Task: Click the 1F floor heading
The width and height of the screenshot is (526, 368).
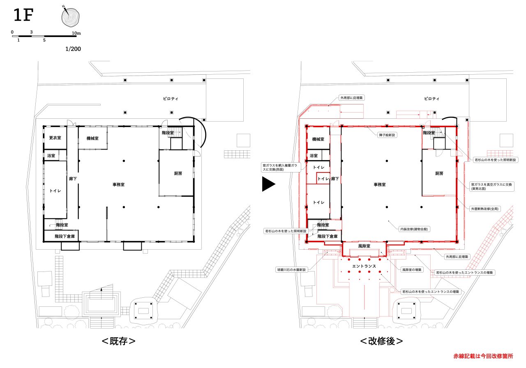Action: click(x=23, y=15)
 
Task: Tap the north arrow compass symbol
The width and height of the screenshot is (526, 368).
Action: click(x=70, y=16)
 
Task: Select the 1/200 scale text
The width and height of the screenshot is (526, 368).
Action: click(x=73, y=49)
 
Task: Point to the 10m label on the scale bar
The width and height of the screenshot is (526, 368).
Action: click(x=76, y=33)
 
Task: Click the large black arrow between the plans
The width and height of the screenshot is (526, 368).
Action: click(x=268, y=184)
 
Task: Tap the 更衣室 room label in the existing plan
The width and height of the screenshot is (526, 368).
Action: click(x=55, y=138)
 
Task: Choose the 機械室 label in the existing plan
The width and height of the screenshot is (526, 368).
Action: click(x=92, y=138)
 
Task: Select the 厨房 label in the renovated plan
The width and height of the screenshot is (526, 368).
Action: click(x=439, y=173)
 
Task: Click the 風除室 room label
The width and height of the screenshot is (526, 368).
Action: click(x=364, y=246)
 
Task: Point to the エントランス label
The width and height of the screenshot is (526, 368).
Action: click(x=364, y=266)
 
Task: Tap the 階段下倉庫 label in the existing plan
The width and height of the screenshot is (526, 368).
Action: click(x=65, y=236)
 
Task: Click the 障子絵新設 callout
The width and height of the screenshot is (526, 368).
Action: click(x=387, y=135)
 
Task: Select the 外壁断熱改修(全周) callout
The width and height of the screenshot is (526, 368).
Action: click(x=484, y=209)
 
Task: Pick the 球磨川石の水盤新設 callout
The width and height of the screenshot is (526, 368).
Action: click(x=291, y=270)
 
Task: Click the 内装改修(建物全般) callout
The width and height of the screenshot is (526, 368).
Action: click(x=414, y=229)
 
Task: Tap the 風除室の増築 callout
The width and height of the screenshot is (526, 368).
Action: click(x=412, y=270)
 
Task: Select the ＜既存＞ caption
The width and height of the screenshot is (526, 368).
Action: click(x=119, y=341)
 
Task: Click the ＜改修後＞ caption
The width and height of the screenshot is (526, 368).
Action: click(x=382, y=341)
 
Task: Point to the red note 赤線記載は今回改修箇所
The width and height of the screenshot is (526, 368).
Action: click(x=483, y=356)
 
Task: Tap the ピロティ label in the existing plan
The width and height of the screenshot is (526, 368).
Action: click(x=171, y=99)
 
